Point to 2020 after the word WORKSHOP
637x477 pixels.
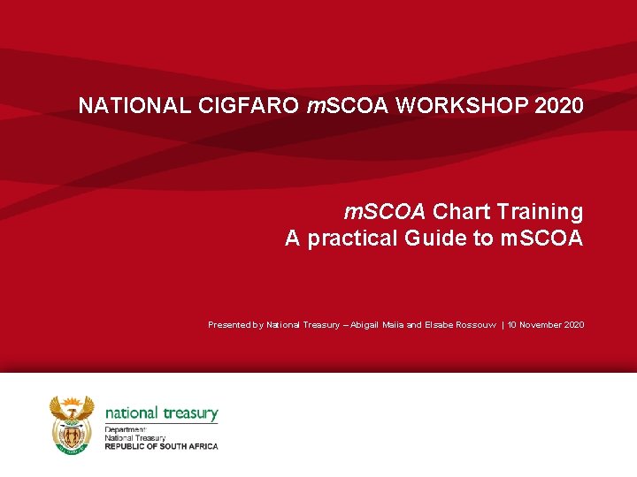tap(559, 106)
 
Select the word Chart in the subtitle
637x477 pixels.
tap(462, 212)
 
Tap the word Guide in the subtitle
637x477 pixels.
tap(435, 238)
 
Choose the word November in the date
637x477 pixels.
tap(544, 325)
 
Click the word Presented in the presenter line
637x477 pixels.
tap(230, 325)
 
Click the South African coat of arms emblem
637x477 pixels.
tap(72, 424)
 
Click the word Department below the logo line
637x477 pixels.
tap(124, 430)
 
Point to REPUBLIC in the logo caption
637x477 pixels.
tap(127, 446)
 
